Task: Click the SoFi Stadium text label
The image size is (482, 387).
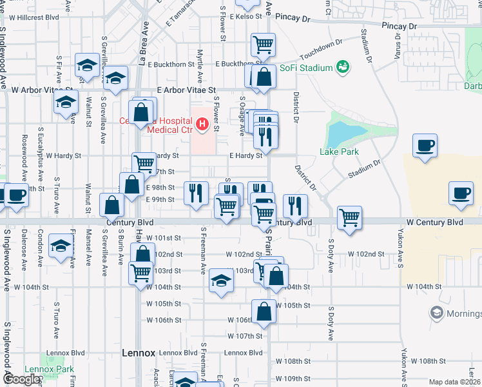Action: tap(305, 68)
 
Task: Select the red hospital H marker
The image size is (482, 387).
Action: tap(202, 123)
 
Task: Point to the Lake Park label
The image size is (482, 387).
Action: tap(338, 152)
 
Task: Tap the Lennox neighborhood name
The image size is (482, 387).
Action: tap(139, 353)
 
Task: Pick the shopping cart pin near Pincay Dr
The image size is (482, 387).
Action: tap(263, 45)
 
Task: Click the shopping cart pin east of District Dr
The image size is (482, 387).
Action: tap(349, 218)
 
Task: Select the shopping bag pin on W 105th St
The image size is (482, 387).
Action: tap(264, 312)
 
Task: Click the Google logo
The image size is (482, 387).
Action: tap(21, 379)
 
